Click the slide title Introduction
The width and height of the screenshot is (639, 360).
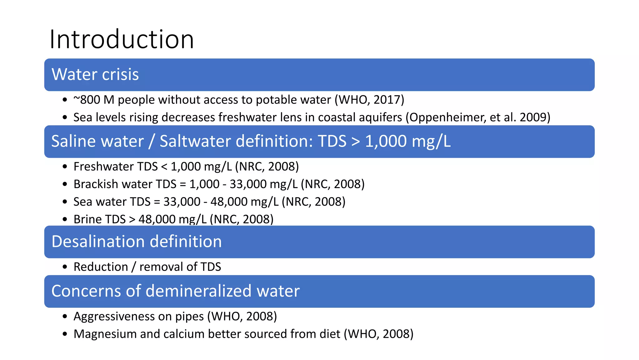[x=122, y=39]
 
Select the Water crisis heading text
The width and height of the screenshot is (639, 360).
[x=95, y=74]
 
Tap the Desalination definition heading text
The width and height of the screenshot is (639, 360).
[x=137, y=242]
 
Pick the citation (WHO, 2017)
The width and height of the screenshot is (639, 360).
[x=369, y=100]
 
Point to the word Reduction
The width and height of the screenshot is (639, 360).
[x=101, y=267]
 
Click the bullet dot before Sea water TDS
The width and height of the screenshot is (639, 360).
[x=65, y=202]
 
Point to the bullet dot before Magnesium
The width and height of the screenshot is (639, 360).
[x=65, y=334]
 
